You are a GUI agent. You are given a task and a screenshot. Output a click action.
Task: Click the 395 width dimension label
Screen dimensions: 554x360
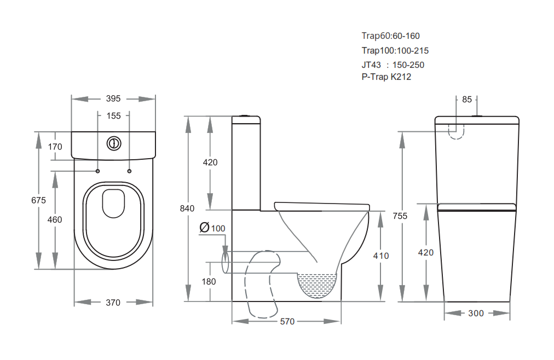[113, 98]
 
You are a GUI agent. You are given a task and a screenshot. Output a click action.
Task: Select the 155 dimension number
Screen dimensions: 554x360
[113, 116]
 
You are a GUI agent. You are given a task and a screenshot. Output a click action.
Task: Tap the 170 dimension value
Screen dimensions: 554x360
[55, 147]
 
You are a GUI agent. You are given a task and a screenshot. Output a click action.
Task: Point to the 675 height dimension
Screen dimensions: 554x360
[38, 200]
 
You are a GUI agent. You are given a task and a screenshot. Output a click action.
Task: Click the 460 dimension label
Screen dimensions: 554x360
[55, 219]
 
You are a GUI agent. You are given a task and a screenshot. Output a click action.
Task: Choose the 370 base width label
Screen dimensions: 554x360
[113, 303]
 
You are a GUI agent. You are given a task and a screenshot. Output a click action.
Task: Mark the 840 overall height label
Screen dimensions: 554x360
[187, 208]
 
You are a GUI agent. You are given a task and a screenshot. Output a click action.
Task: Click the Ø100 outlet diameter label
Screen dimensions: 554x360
[212, 228]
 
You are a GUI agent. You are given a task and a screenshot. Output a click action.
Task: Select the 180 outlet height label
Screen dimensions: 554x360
[209, 282]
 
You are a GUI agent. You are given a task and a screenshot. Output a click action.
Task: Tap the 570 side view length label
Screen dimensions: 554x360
[287, 322]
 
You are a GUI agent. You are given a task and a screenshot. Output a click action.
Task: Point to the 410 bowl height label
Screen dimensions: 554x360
[381, 256]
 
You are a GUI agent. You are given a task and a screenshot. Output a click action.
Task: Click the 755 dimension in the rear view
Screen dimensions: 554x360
[400, 216]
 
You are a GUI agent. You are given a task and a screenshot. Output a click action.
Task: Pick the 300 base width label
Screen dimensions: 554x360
[476, 313]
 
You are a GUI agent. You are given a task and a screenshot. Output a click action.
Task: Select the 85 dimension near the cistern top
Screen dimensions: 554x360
[467, 100]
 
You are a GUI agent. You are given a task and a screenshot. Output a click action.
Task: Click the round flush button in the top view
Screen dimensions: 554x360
[114, 144]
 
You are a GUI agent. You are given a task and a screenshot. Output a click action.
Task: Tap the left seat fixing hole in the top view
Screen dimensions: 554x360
[98, 171]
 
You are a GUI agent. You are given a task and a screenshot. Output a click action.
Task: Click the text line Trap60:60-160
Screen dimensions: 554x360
[390, 36]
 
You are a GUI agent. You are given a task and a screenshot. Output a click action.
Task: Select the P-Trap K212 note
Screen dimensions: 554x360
[386, 77]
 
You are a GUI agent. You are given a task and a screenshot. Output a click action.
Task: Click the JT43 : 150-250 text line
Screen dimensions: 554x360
[393, 65]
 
